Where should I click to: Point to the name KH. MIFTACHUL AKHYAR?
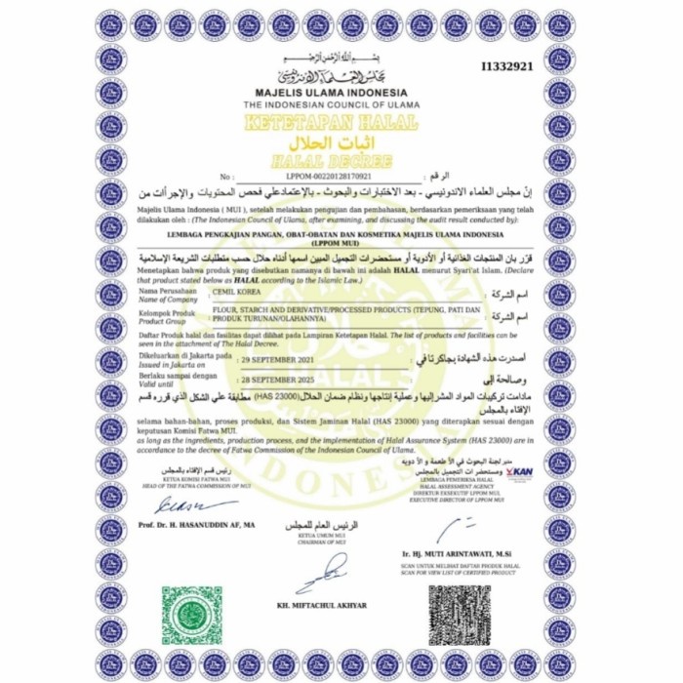(322, 605)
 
